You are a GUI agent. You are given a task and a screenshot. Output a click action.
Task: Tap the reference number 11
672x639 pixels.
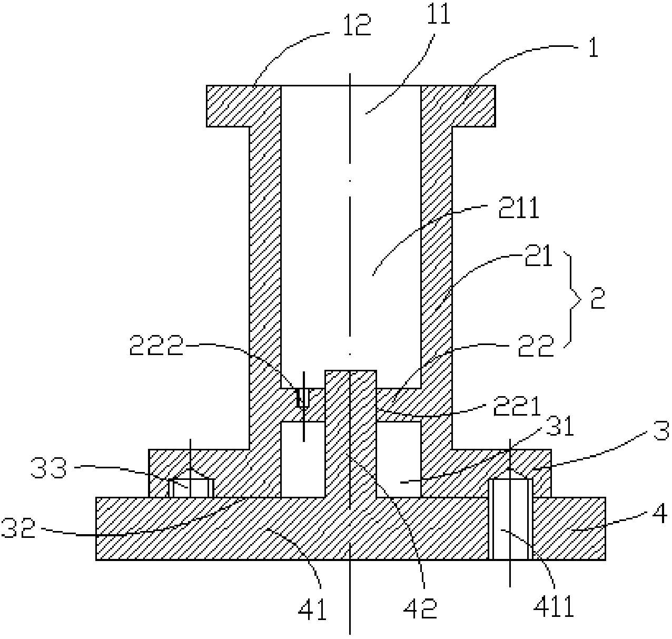click(x=439, y=14)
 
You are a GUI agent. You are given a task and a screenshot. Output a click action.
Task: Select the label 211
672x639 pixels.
click(x=519, y=208)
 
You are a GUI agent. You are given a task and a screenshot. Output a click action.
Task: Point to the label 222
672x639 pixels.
click(x=156, y=346)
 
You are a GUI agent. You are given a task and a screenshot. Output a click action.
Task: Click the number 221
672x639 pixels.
click(x=517, y=406)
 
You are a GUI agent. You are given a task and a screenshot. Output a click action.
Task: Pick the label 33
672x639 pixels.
click(x=48, y=468)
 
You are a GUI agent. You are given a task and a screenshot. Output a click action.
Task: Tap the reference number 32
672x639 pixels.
click(x=19, y=528)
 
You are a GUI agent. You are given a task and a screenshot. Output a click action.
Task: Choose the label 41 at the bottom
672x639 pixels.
click(x=312, y=609)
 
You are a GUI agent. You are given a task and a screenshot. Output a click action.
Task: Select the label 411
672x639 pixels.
click(x=554, y=606)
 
